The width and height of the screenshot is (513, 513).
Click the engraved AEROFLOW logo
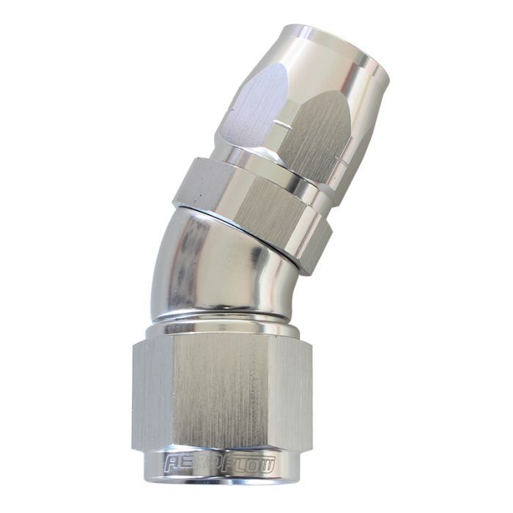click(220, 463)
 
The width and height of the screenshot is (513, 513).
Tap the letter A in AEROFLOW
click(171, 462)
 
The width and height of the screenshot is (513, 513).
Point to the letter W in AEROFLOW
click(265, 464)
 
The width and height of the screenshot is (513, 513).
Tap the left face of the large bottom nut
click(152, 393)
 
